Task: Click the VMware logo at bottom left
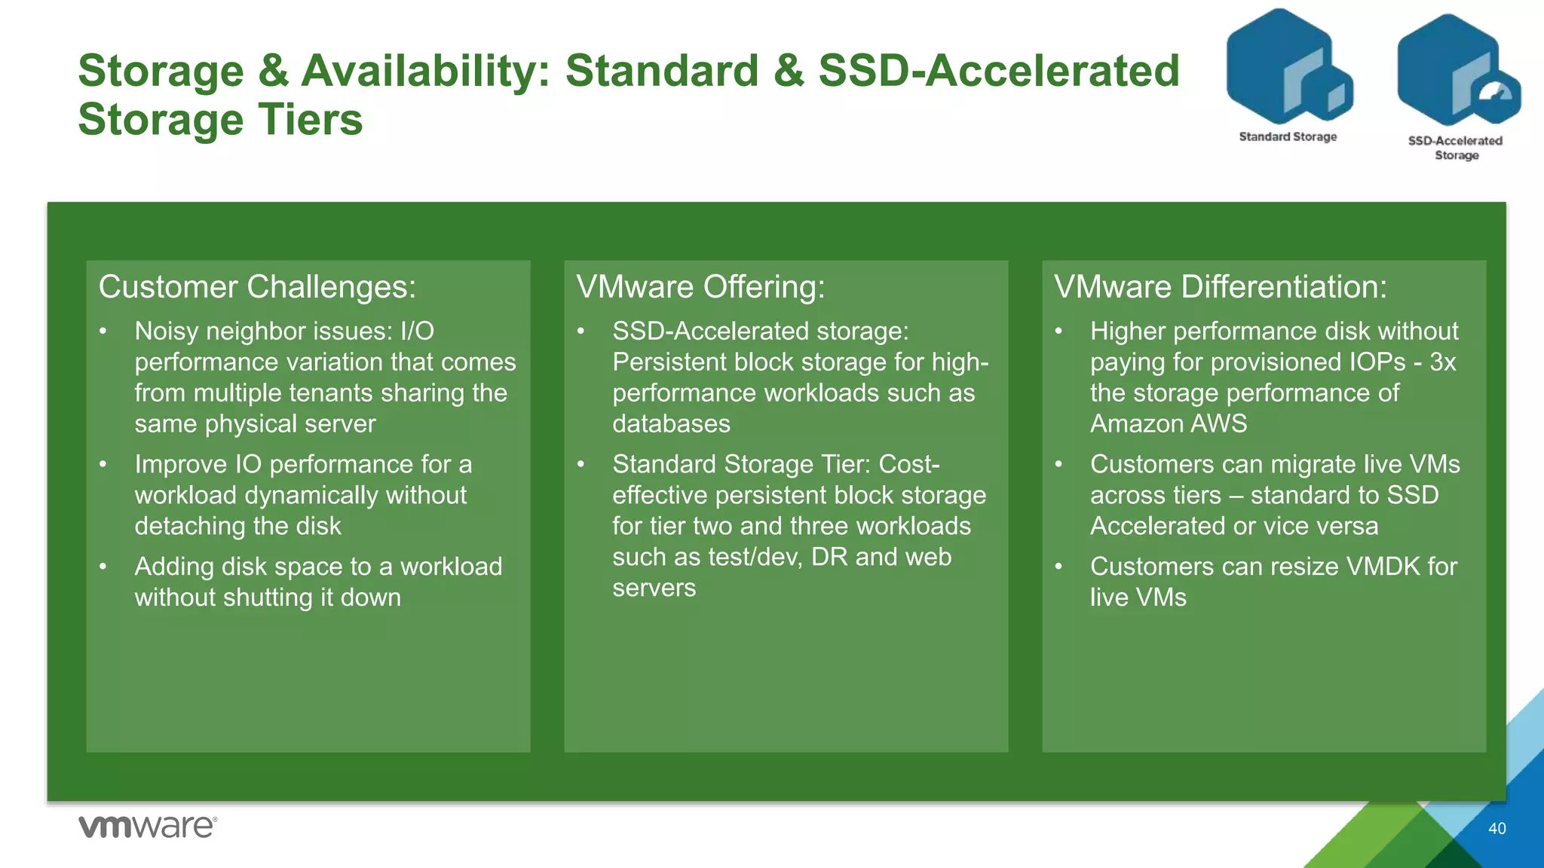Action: click(x=148, y=827)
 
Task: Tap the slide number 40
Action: click(x=1497, y=829)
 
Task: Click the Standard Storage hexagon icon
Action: click(x=1288, y=68)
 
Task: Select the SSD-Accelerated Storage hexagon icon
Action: click(x=1457, y=72)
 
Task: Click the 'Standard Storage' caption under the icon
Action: click(x=1288, y=136)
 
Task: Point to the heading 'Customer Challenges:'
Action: click(x=257, y=287)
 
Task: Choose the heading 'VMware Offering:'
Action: click(x=700, y=287)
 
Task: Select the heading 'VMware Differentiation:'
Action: click(x=1220, y=287)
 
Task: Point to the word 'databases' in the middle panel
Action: click(x=671, y=424)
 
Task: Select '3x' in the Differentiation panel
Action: click(x=1442, y=362)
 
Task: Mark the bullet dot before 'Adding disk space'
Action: click(x=103, y=567)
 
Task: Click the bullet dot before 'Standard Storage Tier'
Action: click(x=581, y=464)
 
